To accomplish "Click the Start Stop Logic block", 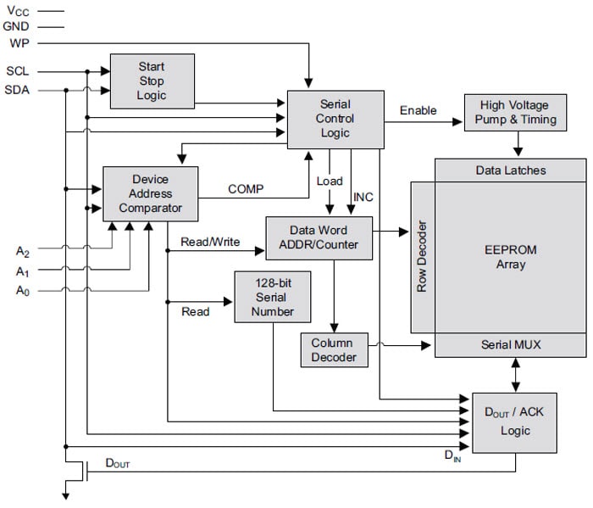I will click(152, 81).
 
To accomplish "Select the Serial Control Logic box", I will click(335, 119).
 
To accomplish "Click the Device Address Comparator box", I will click(150, 193).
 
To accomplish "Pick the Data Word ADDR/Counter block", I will click(319, 237).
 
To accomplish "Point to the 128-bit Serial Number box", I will click(273, 297).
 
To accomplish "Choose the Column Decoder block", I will click(333, 349).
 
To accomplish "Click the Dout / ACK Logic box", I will click(514, 422).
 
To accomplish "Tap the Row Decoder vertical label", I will click(423, 257).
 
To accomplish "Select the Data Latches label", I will click(510, 170).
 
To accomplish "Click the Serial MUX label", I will click(510, 344).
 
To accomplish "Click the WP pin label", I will click(18, 42).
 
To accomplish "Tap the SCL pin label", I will click(18, 71).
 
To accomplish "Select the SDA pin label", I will click(18, 90).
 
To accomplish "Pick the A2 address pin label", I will click(23, 251).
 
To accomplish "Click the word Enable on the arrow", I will click(418, 110).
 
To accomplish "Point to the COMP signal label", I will click(245, 189).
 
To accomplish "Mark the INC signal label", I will click(363, 198).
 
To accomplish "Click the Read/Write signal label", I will click(210, 242).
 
